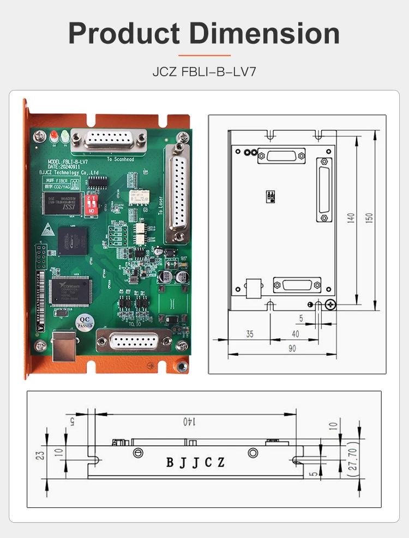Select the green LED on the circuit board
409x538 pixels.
(65, 135)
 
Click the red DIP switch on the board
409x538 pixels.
(94, 204)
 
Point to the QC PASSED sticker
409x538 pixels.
(85, 321)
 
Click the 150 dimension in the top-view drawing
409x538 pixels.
(369, 217)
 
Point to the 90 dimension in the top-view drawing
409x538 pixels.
(292, 348)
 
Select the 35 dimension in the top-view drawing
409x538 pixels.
(249, 334)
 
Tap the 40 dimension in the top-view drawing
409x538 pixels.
(295, 334)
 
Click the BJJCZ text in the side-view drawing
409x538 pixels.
(195, 463)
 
